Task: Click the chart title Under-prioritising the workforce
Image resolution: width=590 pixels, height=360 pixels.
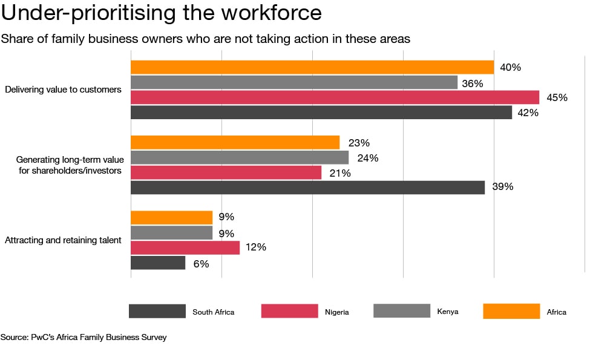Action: coord(162,13)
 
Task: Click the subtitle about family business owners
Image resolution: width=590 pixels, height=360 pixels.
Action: coord(206,39)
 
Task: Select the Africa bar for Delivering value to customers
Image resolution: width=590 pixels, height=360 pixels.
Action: coord(312,67)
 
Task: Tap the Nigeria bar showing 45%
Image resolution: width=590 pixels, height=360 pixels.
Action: coord(335,97)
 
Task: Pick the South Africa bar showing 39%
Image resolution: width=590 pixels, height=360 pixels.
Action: coord(307,187)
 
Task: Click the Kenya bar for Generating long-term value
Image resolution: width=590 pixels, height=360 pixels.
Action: coord(240,157)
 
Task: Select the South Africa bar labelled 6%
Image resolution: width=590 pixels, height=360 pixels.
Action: coord(158,263)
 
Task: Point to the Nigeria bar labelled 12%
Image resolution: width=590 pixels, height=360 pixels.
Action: coord(185,247)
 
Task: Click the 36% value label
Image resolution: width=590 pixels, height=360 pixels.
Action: coord(472,83)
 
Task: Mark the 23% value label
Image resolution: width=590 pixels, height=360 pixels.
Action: coord(359,143)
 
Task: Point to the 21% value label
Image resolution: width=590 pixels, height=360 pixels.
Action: coord(341,173)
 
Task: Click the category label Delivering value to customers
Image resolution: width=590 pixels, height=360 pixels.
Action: coord(63,90)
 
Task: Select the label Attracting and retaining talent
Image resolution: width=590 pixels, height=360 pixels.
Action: coord(63,240)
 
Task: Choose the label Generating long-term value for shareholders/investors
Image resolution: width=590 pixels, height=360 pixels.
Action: coord(69,165)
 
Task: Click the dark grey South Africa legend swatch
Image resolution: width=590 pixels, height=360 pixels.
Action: coord(157,311)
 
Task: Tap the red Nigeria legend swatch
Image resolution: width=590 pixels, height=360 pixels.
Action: coord(289,311)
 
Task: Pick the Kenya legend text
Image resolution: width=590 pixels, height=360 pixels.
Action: coord(447,312)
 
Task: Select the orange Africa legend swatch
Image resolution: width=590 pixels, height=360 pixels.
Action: coord(511,311)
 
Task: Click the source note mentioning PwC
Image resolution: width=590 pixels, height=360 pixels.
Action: coord(84,337)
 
